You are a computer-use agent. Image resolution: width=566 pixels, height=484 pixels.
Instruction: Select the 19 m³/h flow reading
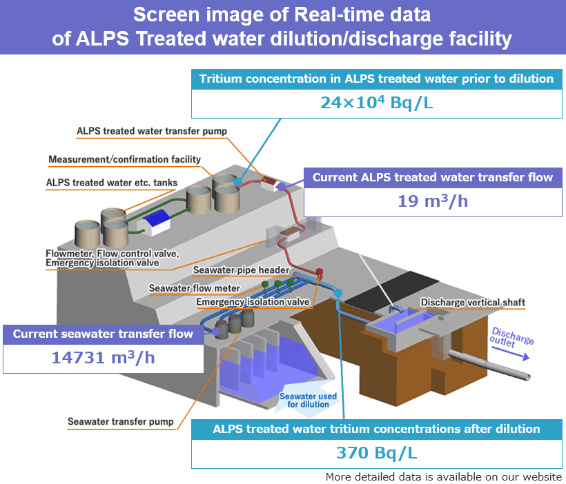[x=432, y=201]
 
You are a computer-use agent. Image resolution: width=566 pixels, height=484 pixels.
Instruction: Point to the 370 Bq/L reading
[x=376, y=453]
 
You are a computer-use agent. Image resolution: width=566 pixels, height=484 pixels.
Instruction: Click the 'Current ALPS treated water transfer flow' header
[x=433, y=177]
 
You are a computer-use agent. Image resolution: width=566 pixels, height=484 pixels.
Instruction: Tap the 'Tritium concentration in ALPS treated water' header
[x=376, y=79]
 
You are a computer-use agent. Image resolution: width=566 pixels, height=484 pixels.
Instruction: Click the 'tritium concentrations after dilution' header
[x=376, y=429]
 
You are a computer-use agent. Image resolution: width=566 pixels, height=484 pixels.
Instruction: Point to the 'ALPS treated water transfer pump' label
[x=152, y=130]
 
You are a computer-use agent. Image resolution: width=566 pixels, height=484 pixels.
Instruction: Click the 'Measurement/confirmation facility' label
[x=124, y=159]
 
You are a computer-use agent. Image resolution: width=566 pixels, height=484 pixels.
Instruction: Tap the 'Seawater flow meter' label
[x=195, y=288]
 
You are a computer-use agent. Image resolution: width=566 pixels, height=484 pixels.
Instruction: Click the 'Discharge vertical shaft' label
[x=473, y=302]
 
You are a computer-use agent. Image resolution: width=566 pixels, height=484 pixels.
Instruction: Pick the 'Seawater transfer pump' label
[x=121, y=421]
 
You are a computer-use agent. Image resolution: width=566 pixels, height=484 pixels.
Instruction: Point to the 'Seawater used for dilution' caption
[x=308, y=400]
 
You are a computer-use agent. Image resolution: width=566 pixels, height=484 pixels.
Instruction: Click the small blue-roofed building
[x=155, y=220]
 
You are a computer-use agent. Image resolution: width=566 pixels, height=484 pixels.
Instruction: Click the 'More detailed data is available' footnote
[x=444, y=476]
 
